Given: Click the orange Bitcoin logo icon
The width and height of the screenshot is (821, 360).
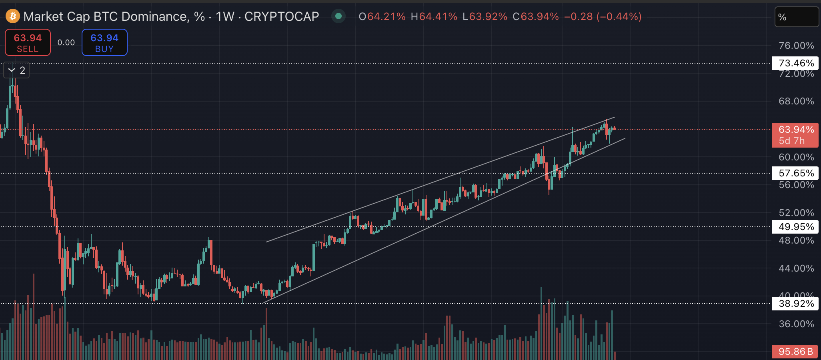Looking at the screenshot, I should [13, 16].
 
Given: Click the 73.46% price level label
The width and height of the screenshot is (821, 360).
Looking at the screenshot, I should [795, 63].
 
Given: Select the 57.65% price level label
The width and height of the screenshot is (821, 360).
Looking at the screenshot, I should [795, 173].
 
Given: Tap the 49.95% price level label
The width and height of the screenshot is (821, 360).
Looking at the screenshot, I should [795, 227].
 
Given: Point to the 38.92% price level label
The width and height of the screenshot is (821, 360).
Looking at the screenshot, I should [795, 304].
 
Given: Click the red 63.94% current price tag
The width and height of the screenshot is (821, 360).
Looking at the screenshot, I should [795, 130].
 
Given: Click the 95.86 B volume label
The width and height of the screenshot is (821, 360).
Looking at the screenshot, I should [795, 352].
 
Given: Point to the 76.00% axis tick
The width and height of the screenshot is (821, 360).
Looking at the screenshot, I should [796, 46].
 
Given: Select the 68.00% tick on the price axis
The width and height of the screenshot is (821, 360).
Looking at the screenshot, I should [796, 101].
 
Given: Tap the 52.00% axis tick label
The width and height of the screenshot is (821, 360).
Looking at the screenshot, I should [796, 213].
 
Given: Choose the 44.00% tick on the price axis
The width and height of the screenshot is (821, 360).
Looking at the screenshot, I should [796, 268].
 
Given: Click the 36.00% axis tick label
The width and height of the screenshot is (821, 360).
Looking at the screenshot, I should [796, 324].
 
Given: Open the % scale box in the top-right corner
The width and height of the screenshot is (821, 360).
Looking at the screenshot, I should [796, 17].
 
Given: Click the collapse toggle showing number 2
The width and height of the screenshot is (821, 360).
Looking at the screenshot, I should [16, 71].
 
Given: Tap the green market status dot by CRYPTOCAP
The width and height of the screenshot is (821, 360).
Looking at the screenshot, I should [338, 16].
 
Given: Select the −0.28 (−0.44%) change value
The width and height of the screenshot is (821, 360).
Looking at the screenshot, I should [603, 16].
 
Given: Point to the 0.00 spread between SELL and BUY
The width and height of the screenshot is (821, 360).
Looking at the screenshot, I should [66, 42].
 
